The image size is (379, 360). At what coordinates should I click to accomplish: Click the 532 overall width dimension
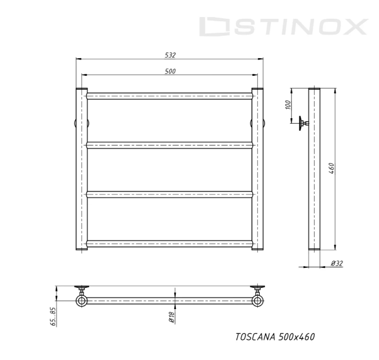point(170,55)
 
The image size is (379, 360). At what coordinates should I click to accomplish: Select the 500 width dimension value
point(170,71)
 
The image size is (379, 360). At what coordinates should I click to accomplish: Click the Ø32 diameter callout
point(337,263)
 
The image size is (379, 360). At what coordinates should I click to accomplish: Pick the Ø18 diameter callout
point(172,316)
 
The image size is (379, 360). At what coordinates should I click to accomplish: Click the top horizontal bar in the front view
point(170,96)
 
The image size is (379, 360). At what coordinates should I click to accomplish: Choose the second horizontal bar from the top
point(170,145)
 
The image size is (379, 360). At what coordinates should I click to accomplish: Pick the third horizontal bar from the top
point(170,195)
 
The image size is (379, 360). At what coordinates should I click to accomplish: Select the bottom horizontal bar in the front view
point(170,244)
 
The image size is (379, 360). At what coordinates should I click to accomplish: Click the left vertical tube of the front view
point(81,170)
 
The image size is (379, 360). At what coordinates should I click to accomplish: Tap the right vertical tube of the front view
point(258,170)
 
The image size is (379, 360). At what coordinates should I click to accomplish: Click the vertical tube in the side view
point(314,182)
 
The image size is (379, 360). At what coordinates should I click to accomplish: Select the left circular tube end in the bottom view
point(81,301)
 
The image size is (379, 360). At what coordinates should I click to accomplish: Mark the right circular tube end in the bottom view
point(258,301)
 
